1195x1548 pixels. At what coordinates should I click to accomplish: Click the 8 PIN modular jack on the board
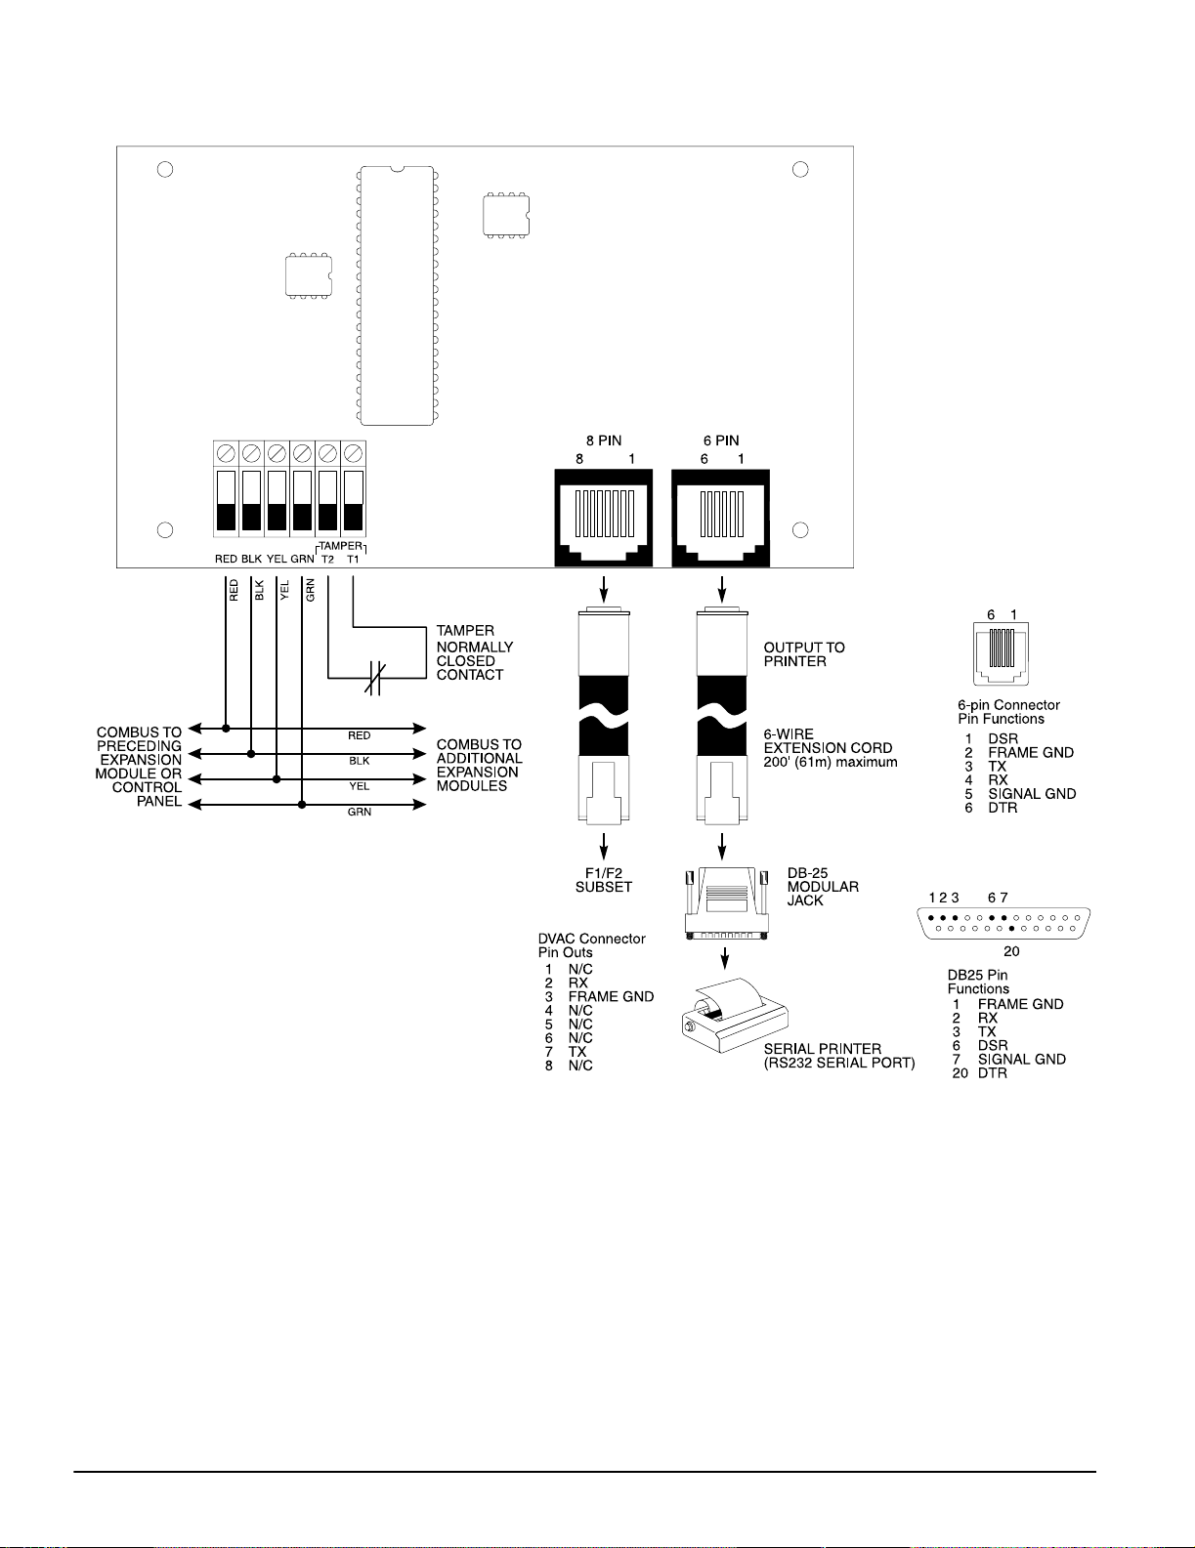point(604,517)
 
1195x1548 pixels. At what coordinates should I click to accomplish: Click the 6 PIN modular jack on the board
point(721,517)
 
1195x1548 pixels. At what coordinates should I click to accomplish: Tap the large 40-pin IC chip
point(396,295)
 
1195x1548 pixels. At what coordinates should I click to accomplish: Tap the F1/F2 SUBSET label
point(604,880)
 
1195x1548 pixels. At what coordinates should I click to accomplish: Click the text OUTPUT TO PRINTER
point(804,654)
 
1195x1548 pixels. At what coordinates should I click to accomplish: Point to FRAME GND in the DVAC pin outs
point(611,996)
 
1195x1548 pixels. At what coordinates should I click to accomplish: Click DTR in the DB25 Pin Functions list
point(992,1072)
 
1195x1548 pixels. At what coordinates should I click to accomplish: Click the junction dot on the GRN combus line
point(302,805)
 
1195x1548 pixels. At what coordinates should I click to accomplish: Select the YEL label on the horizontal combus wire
point(360,786)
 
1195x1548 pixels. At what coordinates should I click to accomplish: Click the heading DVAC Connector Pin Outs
point(591,945)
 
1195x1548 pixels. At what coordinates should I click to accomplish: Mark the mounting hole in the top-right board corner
point(800,170)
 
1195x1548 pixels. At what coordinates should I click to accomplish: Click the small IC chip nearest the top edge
point(506,214)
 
